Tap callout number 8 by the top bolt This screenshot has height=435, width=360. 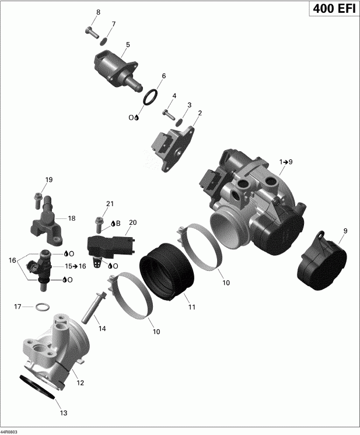[98, 12]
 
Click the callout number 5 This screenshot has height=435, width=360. [128, 44]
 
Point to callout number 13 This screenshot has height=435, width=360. [64, 413]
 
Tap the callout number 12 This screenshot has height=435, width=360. [81, 383]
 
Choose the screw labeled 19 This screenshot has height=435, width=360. [39, 197]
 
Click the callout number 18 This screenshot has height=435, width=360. [72, 218]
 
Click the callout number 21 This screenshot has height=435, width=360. [109, 204]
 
